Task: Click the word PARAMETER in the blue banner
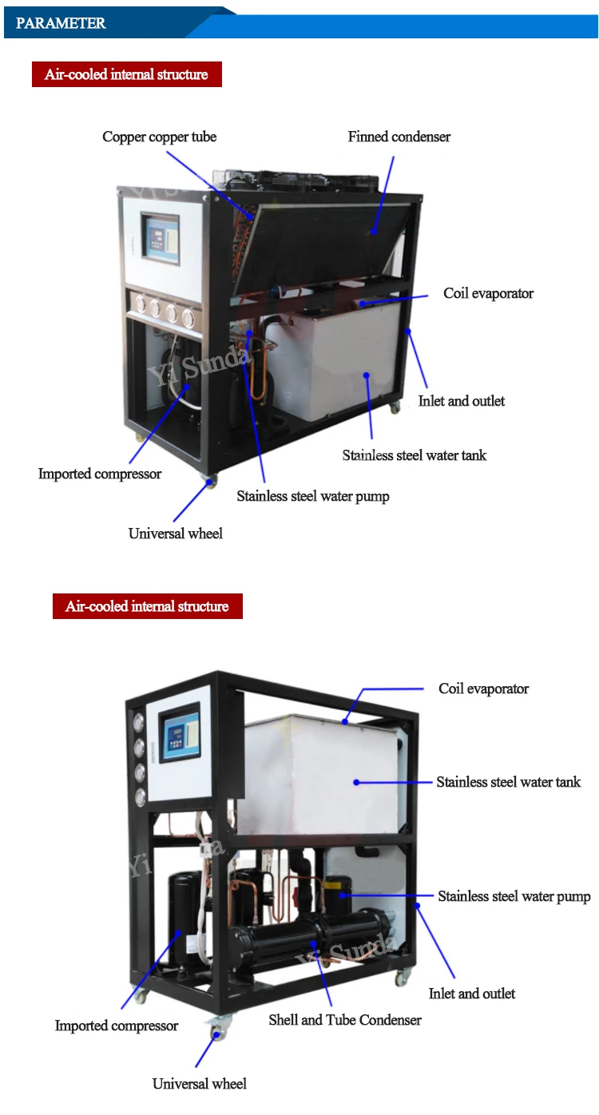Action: coord(61,23)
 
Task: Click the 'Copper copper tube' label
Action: coord(159,137)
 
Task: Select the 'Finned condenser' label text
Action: coord(399,137)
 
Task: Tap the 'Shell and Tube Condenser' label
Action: coord(345,1019)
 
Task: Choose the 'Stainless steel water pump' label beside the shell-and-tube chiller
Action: coord(514,897)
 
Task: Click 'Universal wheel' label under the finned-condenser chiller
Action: coord(176,534)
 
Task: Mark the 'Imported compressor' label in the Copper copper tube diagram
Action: coord(100,474)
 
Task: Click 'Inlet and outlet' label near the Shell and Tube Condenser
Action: coord(472,994)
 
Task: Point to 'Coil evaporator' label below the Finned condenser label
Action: coord(488,294)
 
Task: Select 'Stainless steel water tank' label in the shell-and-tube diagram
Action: coord(508,782)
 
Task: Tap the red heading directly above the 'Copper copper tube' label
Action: coord(126,74)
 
